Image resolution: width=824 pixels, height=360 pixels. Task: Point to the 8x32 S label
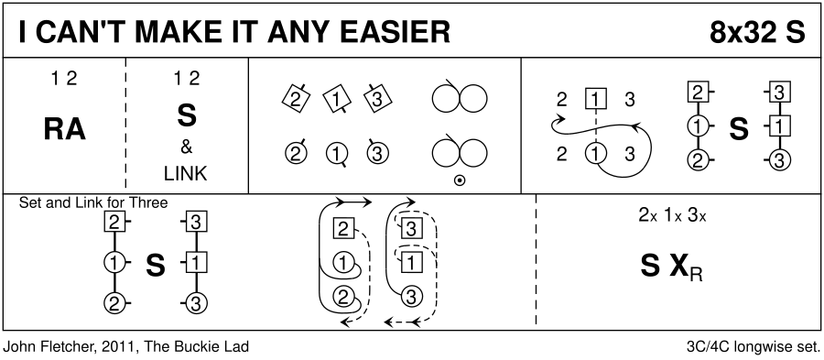[x=757, y=33]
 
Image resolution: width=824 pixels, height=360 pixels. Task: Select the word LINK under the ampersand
[x=186, y=174]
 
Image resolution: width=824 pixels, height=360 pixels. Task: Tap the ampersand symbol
[x=186, y=147]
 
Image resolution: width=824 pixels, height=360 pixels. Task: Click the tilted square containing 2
[x=296, y=99]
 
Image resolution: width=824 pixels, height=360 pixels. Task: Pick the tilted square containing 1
[x=336, y=99]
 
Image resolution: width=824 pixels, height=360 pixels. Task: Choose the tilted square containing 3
[x=376, y=99]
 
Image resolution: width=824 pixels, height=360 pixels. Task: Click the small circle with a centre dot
[x=460, y=180]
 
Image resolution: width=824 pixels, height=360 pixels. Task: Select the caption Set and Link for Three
[x=93, y=202]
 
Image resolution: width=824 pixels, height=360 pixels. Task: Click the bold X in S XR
[x=679, y=267]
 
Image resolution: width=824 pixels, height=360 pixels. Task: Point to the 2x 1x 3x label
[x=672, y=215]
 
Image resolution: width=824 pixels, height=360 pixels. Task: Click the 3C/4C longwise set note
[x=754, y=347]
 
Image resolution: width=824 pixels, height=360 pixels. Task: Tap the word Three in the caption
[x=148, y=202]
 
